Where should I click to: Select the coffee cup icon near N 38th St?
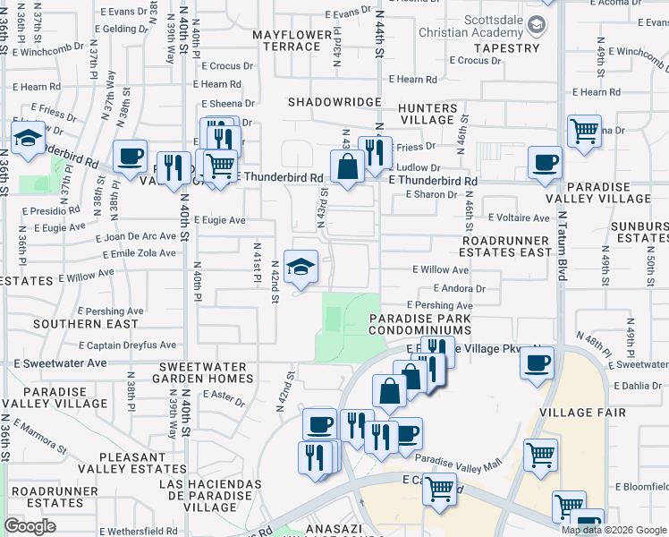pyautogui.click(x=131, y=156)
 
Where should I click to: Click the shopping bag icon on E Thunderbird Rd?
pyautogui.click(x=347, y=166)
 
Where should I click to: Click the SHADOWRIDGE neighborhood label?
pyautogui.click(x=334, y=102)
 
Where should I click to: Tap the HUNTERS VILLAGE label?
pyautogui.click(x=428, y=114)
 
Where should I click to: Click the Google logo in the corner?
pyautogui.click(x=30, y=526)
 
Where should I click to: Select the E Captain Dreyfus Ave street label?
pyautogui.click(x=127, y=345)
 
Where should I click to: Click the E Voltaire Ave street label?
pyautogui.click(x=519, y=217)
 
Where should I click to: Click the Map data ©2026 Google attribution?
pyautogui.click(x=614, y=530)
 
